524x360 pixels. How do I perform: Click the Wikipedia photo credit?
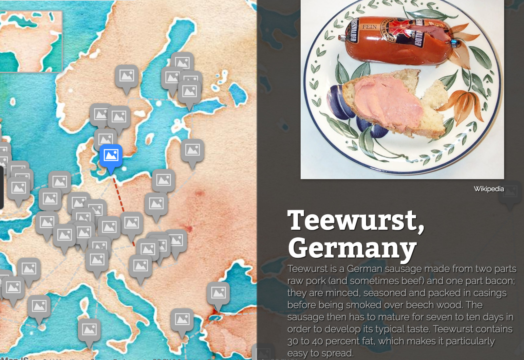[489, 189]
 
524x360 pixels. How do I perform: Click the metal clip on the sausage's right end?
[455, 44]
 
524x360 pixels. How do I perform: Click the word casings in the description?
[490, 293]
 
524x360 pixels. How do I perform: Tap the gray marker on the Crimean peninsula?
[218, 294]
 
